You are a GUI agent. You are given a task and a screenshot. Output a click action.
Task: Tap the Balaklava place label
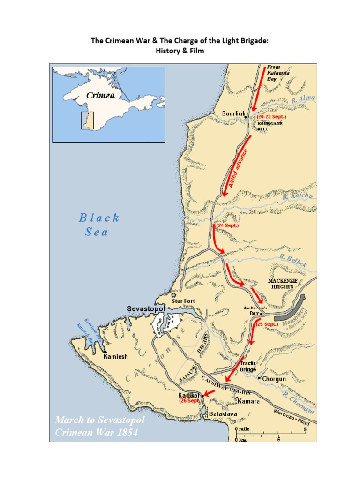tap(222, 414)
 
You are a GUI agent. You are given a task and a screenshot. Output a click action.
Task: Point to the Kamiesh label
tap(115, 357)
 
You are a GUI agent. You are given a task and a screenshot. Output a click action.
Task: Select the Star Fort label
tap(183, 301)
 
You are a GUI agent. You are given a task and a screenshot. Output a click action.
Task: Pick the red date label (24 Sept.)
tap(227, 225)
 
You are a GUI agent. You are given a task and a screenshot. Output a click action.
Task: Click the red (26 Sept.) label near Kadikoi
tap(190, 401)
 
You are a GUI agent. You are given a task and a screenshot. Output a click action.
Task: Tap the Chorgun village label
tap(274, 378)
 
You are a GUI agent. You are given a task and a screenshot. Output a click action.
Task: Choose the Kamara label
tap(248, 402)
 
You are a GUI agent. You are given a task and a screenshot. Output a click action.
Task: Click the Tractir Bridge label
tap(248, 367)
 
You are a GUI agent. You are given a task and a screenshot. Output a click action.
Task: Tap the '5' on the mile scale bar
tap(305, 429)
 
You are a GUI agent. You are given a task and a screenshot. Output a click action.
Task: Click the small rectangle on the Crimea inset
tap(87, 120)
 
